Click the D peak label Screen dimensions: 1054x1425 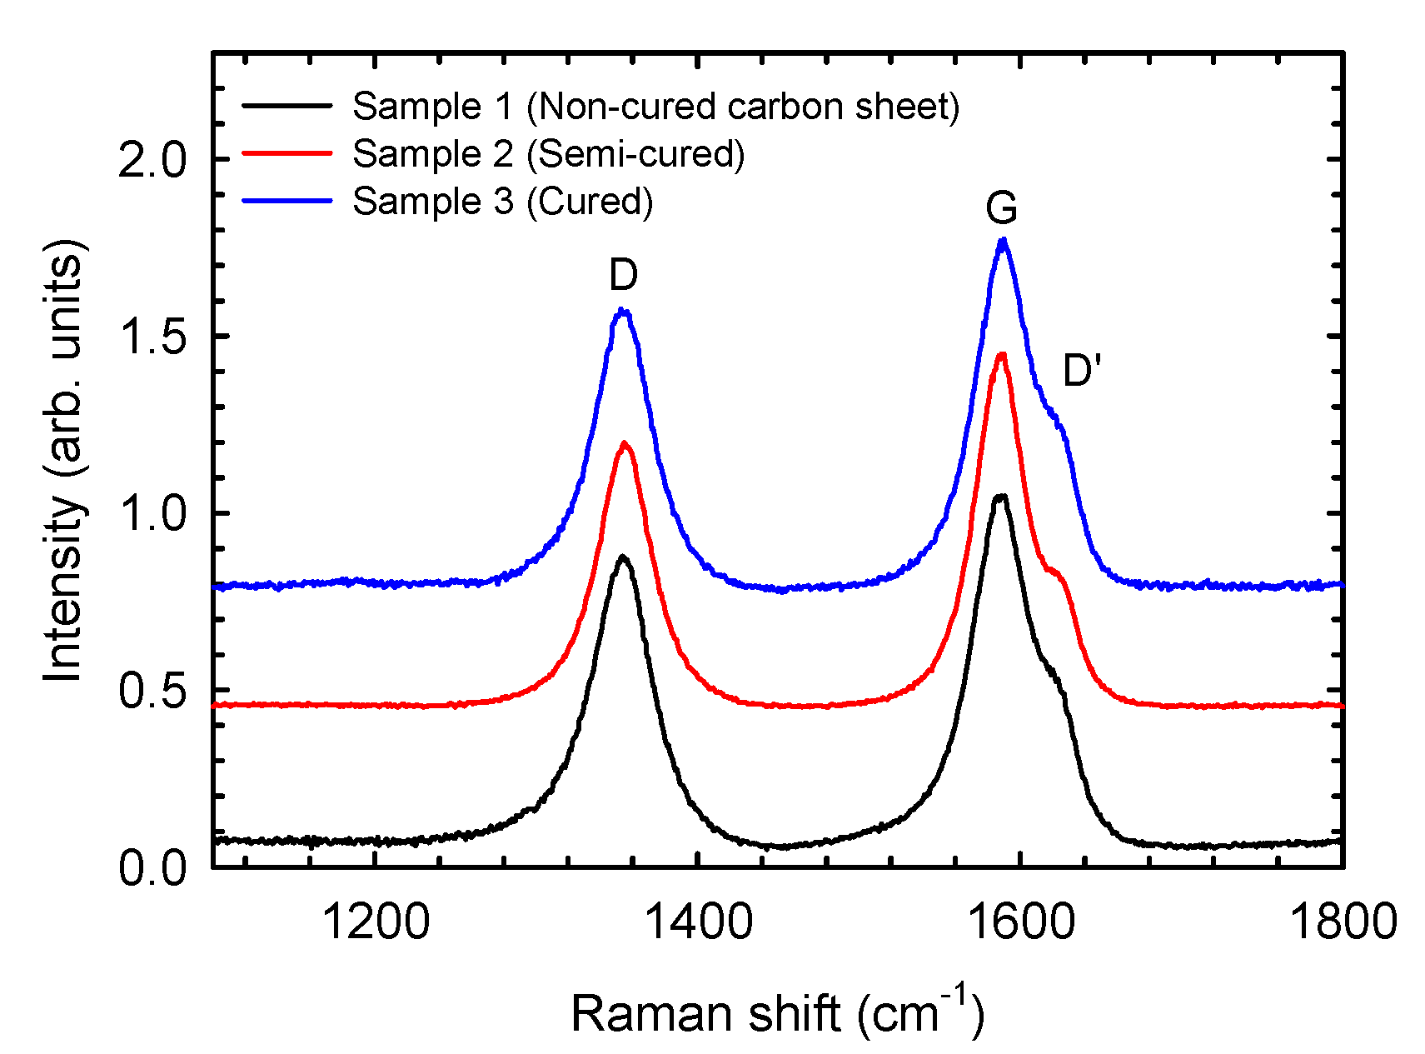tap(623, 275)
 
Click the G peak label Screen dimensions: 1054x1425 tap(1001, 208)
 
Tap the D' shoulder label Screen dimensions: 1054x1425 tap(1082, 371)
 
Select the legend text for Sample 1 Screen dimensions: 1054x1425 tap(655, 107)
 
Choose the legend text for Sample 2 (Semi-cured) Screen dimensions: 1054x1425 tap(548, 154)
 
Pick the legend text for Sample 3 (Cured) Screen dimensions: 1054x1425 tap(502, 202)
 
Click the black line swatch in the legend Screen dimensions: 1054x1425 tap(286, 106)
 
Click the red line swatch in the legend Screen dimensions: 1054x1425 tap(286, 153)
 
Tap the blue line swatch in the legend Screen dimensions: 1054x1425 tap(286, 201)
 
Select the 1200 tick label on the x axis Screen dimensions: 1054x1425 tap(376, 922)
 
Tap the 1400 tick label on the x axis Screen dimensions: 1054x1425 tap(698, 922)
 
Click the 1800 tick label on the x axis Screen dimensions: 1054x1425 tap(1343, 922)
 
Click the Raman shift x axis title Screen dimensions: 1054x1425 tap(776, 1013)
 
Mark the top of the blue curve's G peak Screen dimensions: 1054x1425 tap(1003, 240)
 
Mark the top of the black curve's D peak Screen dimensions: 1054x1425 tap(622, 556)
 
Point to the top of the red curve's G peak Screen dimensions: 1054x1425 tap(1002, 355)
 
